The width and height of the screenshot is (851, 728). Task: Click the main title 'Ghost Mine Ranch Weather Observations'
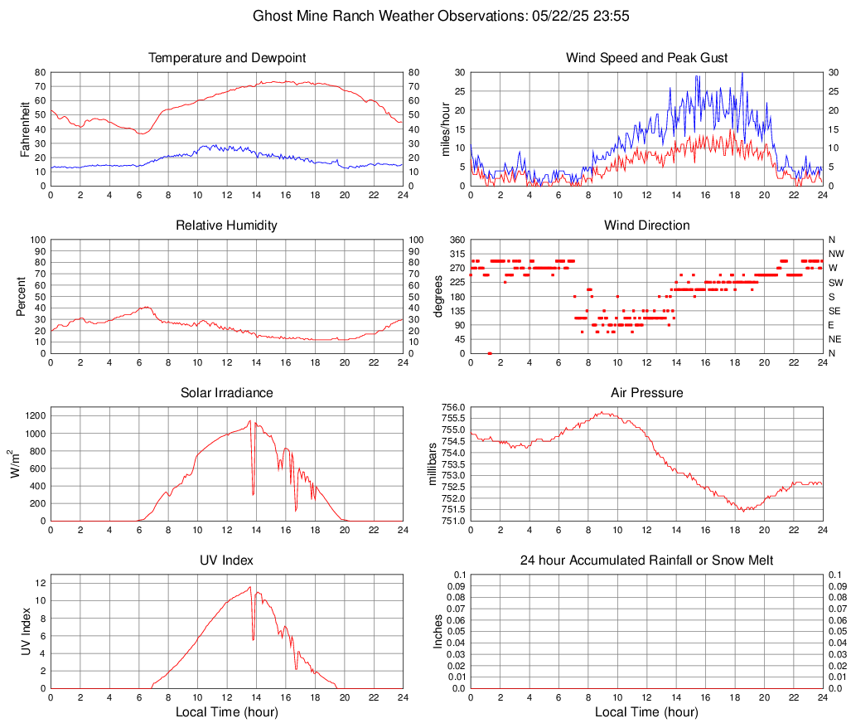389,16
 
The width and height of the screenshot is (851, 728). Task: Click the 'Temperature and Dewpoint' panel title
227,58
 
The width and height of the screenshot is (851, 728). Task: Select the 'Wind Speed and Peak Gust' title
646,58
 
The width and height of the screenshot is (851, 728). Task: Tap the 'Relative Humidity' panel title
227,226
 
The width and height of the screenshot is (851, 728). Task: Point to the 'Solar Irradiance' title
227,393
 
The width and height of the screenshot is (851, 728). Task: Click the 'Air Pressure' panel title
646,393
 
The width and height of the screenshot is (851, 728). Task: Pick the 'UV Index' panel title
227,561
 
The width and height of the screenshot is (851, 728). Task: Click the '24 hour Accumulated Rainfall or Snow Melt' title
646,561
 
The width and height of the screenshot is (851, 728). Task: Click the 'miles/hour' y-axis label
445,129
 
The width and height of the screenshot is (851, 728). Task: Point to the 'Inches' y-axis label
439,631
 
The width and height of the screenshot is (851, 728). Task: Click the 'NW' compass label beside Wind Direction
836,254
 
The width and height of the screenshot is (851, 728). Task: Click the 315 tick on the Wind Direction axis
456,254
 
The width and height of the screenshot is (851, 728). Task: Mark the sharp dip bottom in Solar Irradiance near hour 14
253,495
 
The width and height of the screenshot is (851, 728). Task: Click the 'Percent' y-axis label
23,296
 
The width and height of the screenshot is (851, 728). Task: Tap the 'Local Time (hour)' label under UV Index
227,712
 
